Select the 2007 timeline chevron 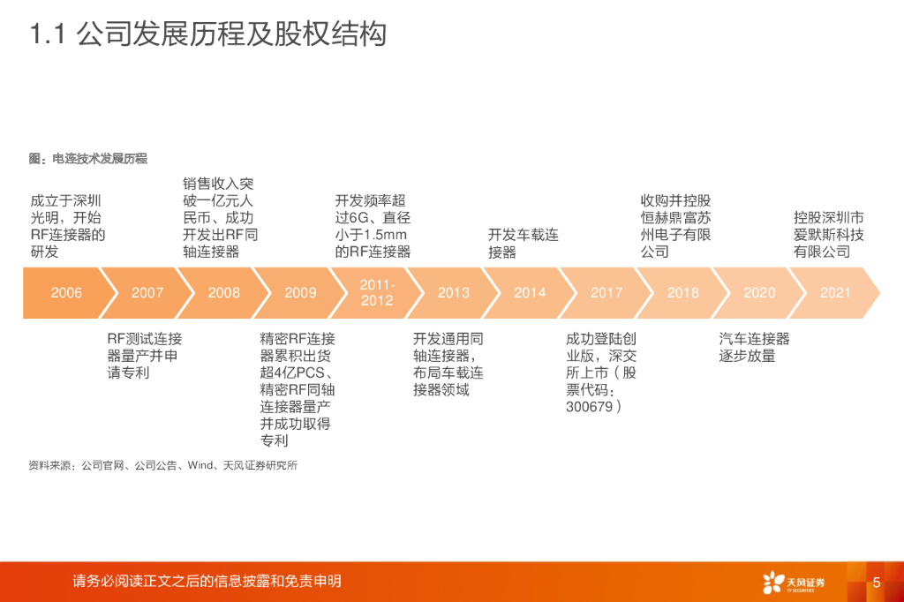coord(147,293)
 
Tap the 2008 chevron coord(224,293)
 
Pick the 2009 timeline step coord(300,293)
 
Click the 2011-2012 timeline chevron coord(377,293)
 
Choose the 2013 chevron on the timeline coord(454,293)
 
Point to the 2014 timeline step coord(530,293)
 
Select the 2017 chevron coord(606,293)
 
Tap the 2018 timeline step coord(683,293)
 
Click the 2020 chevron coord(759,293)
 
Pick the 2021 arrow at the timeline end coord(835,293)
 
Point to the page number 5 coord(877,583)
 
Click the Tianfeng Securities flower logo coord(774,582)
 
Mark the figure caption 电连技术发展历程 coord(100,159)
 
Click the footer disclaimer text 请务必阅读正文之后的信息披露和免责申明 coord(207,581)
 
